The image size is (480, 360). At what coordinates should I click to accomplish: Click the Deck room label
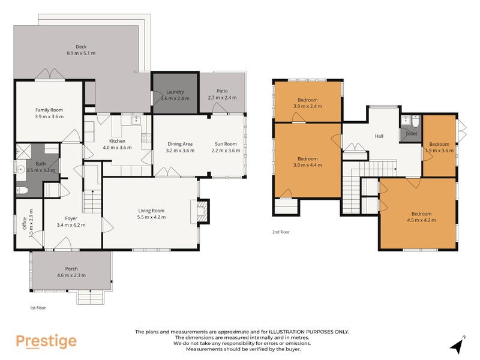point(81,47)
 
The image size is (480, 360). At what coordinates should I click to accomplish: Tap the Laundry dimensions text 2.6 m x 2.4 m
point(174,98)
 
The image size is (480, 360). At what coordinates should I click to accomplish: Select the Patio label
point(222,91)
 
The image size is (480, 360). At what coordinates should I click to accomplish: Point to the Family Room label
point(49,110)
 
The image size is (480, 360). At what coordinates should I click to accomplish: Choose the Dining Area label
point(180,144)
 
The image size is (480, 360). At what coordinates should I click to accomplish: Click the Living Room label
point(151,211)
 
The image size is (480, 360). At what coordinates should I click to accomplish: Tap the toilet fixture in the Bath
point(22,191)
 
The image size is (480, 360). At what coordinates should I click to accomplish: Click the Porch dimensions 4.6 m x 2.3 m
point(71,275)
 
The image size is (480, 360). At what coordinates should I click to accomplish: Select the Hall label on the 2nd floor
point(379,136)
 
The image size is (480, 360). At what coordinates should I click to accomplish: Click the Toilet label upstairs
point(412,134)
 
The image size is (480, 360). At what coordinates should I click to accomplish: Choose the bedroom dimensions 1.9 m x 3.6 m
point(439,151)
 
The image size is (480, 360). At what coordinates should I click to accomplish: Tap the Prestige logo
point(46,341)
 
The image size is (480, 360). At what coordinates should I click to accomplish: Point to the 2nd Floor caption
point(281,231)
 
